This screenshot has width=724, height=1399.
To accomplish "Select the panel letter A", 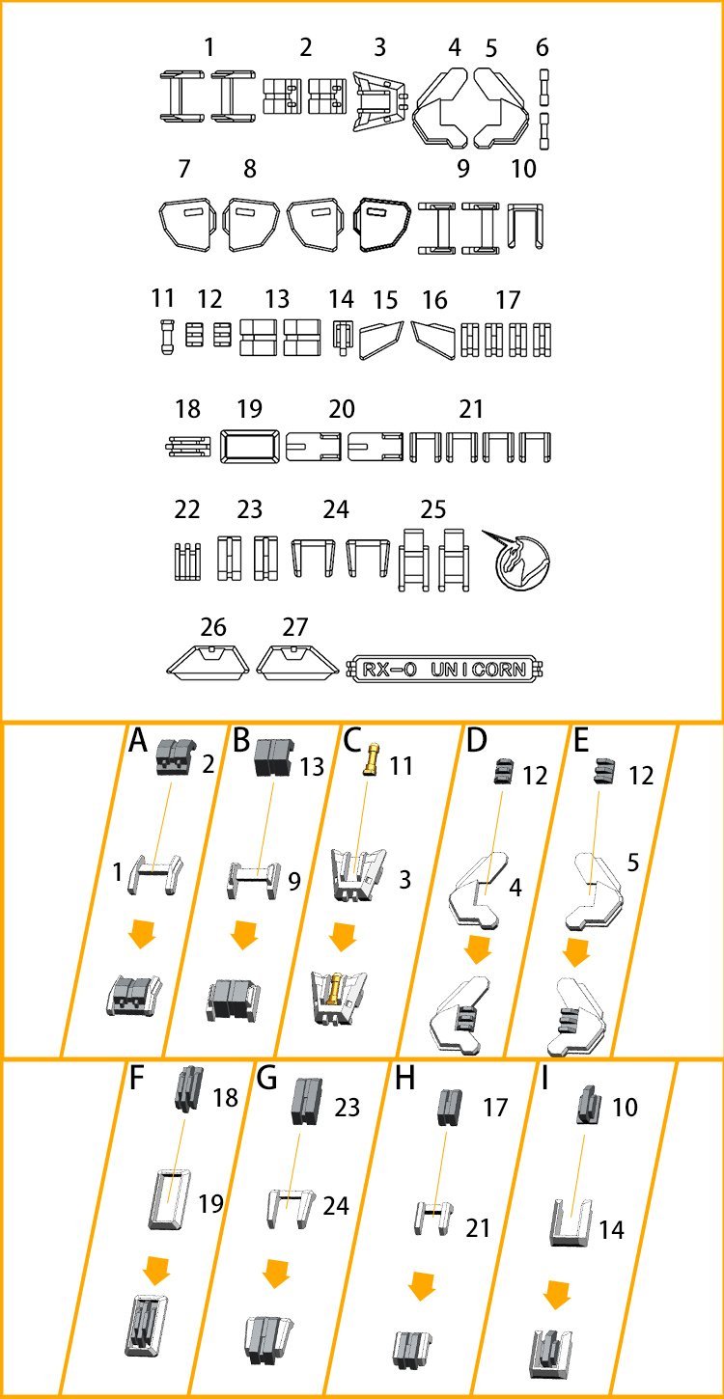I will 139,742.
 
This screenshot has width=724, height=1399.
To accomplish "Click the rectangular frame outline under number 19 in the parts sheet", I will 250,447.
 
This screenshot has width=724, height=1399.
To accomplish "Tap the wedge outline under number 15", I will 381,340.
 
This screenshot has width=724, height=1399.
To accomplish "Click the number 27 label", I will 295,627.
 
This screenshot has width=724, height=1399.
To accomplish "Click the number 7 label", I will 184,170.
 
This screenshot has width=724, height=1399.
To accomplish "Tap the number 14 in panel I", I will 610,1230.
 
